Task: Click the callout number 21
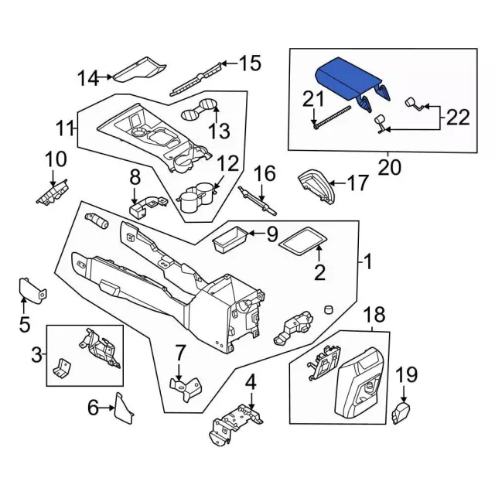click(313, 99)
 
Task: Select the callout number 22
click(458, 117)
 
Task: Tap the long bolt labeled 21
click(332, 117)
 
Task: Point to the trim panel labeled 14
click(139, 70)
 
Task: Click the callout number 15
click(250, 63)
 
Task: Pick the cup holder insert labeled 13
click(200, 109)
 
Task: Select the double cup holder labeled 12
click(196, 197)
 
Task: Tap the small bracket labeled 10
click(53, 193)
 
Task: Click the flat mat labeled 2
click(302, 241)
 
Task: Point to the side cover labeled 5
click(32, 291)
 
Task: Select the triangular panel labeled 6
click(123, 408)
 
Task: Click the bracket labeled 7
click(186, 388)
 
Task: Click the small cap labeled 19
click(401, 413)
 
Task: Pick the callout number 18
click(374, 314)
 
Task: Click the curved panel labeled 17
click(316, 186)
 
